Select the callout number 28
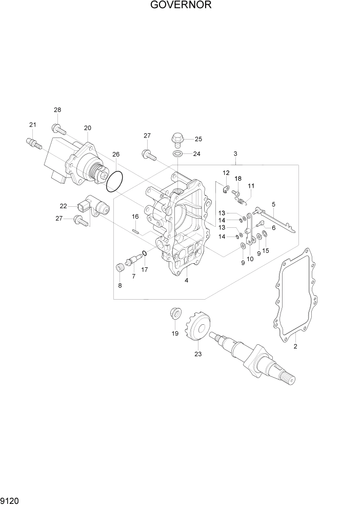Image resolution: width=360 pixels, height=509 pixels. tap(57, 110)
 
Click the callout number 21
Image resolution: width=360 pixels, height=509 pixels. tap(33, 125)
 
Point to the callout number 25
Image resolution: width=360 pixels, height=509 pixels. tap(198, 139)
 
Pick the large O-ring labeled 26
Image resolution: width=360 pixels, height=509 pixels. tap(115, 181)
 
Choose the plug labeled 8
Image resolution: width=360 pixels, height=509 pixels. tap(121, 267)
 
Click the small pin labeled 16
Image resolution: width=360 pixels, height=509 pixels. tap(136, 230)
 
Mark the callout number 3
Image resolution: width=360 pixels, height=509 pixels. tap(235, 154)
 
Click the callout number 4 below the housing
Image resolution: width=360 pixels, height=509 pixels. tap(187, 280)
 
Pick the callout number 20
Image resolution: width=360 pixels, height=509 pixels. tap(87, 128)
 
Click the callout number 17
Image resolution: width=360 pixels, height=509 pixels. tap(145, 269)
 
